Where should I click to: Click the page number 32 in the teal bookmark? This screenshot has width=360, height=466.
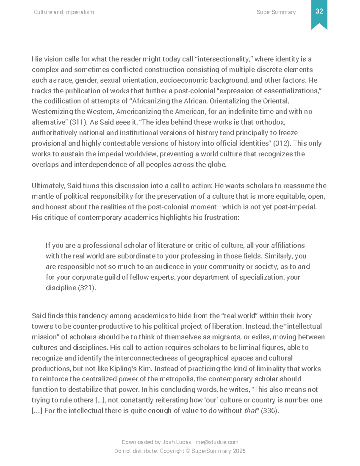[319, 11]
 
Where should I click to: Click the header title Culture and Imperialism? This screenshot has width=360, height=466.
[64, 12]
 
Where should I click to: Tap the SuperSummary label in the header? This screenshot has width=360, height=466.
[276, 12]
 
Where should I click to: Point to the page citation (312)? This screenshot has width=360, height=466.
[282, 143]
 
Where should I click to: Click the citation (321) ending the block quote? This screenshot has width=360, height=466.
[87, 288]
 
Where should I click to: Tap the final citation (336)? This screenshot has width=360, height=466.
[269, 411]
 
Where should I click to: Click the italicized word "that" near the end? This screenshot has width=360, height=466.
[250, 411]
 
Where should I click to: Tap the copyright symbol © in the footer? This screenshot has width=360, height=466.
[188, 451]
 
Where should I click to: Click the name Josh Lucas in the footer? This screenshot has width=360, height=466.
[176, 442]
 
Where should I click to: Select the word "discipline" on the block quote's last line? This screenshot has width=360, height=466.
[61, 288]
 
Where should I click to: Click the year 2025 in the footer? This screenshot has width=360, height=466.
[239, 451]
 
